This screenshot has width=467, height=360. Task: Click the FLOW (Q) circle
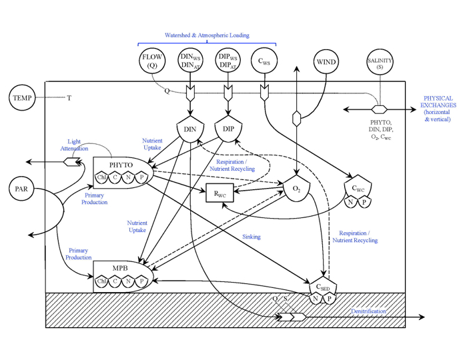point(152,62)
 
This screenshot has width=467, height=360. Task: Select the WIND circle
point(326,62)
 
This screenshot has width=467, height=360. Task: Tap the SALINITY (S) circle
point(380,63)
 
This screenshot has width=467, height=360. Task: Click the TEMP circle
point(22,99)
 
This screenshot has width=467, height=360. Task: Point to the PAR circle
point(22,189)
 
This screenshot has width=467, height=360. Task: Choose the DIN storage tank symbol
point(190,128)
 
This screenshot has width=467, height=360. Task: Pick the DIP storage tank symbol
point(229,128)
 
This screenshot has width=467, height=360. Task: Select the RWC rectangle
point(219,193)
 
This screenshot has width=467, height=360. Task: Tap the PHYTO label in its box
point(121,165)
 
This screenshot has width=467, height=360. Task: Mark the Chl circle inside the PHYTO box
point(101,177)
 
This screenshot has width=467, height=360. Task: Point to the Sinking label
point(252,237)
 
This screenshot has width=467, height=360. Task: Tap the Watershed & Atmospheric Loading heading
point(207,35)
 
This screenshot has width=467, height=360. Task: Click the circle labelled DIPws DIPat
point(229,62)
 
